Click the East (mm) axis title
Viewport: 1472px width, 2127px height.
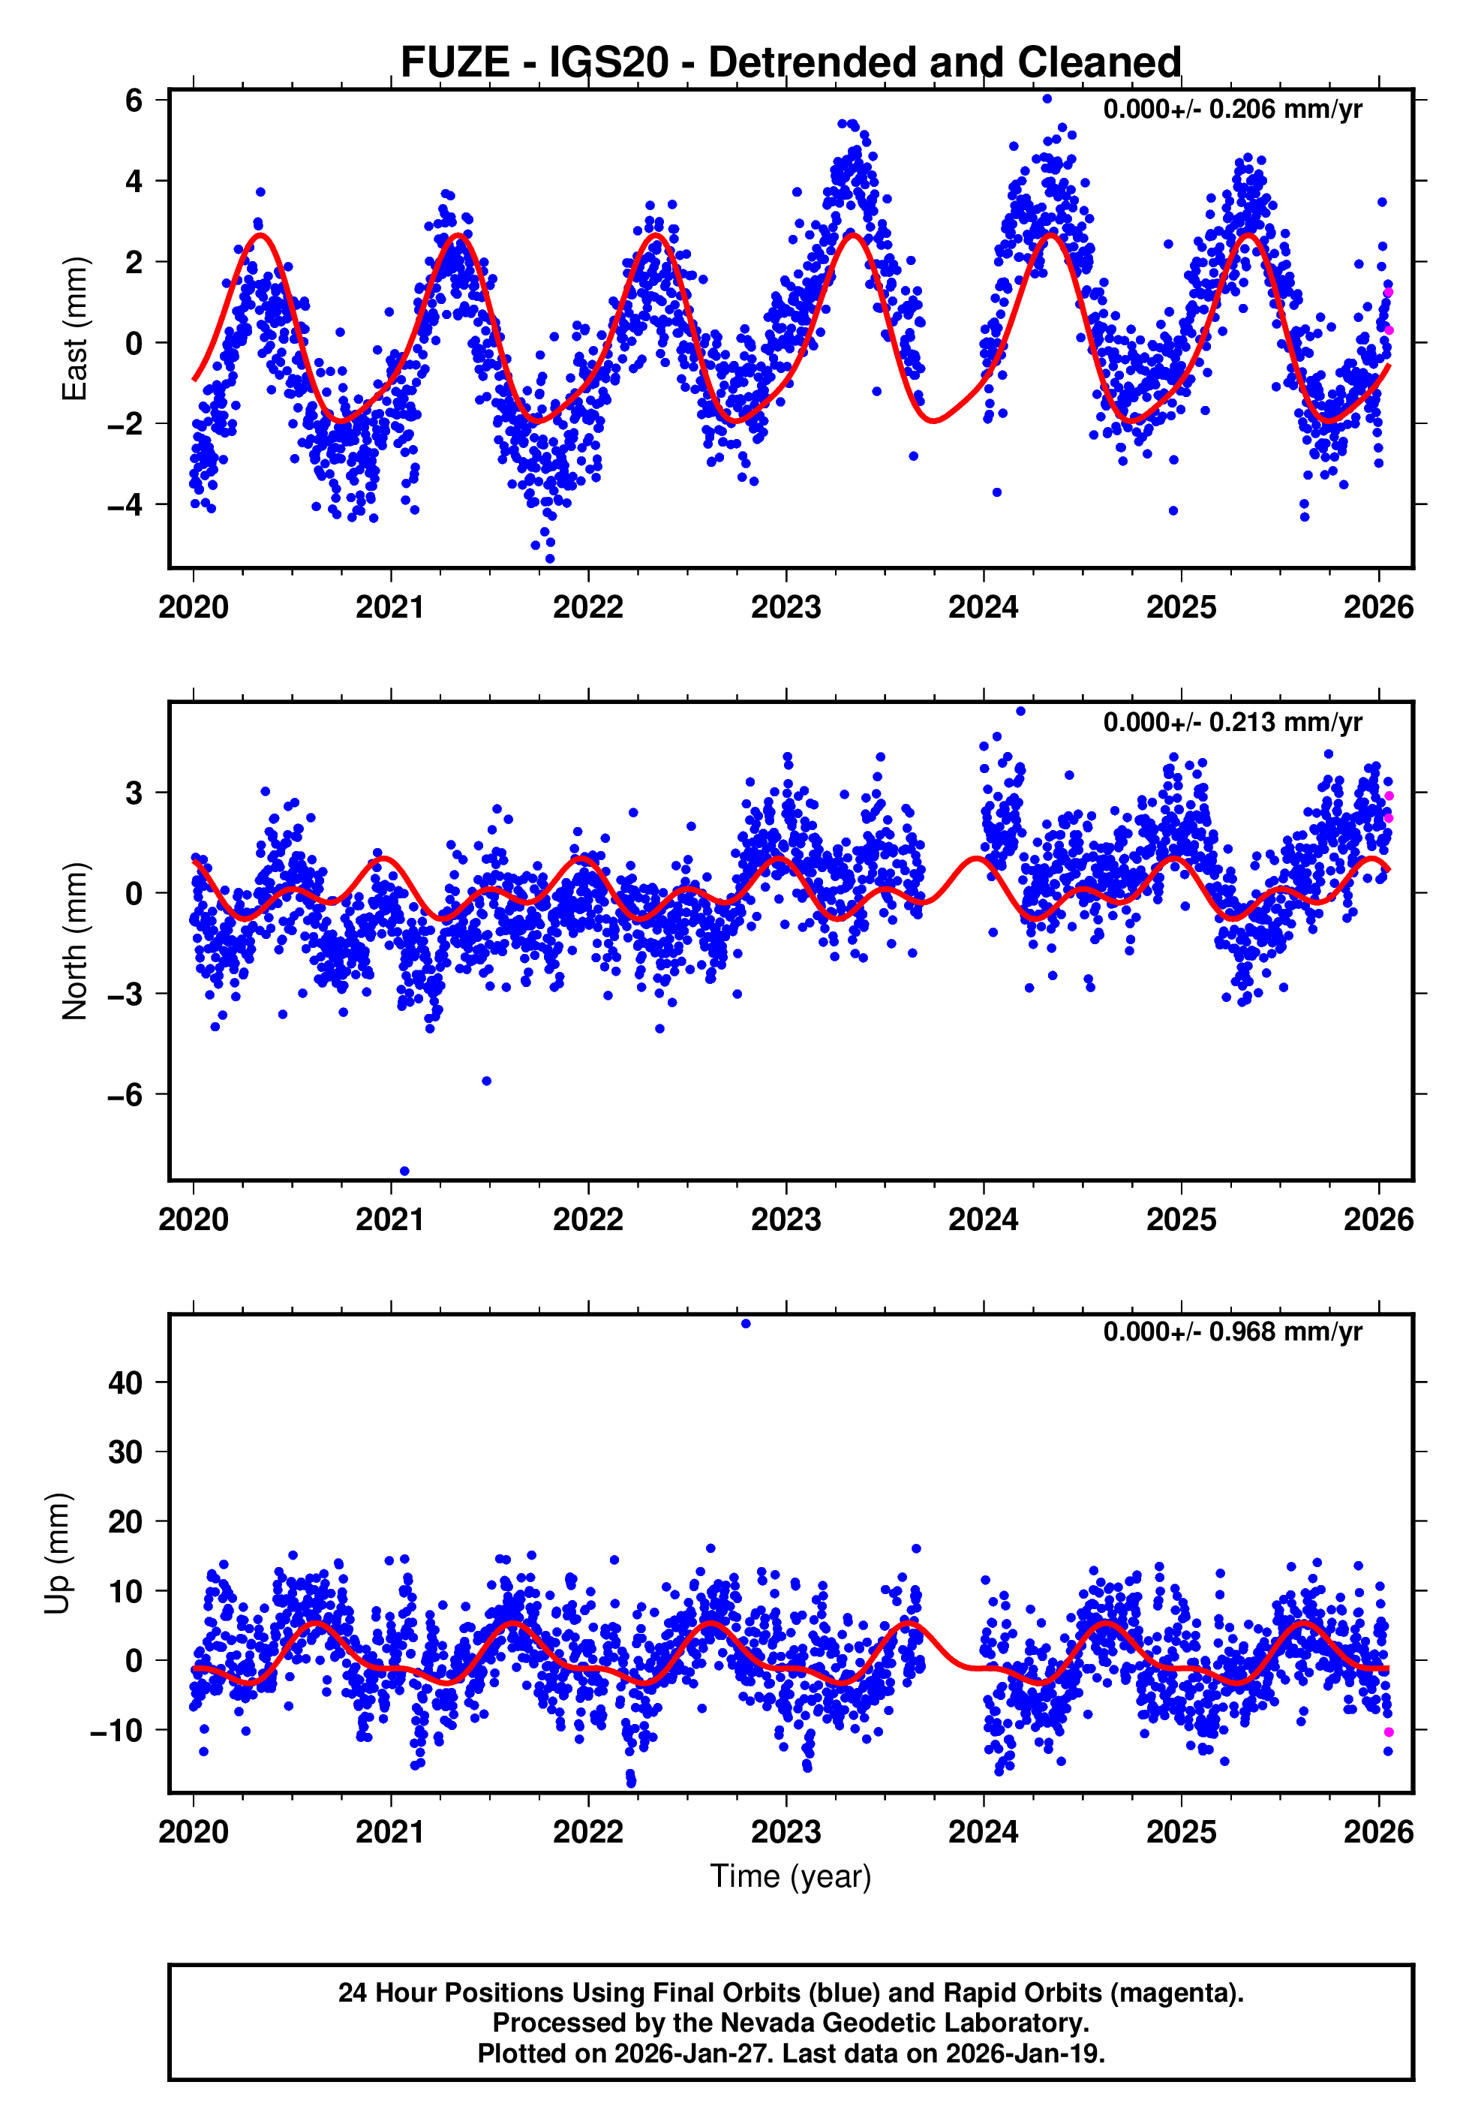pyautogui.click(x=74, y=329)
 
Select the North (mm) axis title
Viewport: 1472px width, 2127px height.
pyautogui.click(x=74, y=941)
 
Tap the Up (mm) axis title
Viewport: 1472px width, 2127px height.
pyautogui.click(x=57, y=1554)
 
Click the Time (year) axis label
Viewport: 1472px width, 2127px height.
pyautogui.click(x=791, y=1876)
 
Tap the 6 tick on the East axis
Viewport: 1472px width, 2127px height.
pyautogui.click(x=134, y=100)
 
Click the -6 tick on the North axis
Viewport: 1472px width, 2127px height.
pyautogui.click(x=125, y=1094)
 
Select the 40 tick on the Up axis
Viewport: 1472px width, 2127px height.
pyautogui.click(x=125, y=1382)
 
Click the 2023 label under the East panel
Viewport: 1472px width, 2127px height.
pyautogui.click(x=786, y=607)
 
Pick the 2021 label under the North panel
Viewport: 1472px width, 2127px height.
pyautogui.click(x=390, y=1220)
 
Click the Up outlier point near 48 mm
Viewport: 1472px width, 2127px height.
pyautogui.click(x=747, y=1324)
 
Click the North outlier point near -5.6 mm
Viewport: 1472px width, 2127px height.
pyautogui.click(x=487, y=1081)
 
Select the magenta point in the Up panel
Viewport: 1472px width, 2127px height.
pyautogui.click(x=1388, y=1732)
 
